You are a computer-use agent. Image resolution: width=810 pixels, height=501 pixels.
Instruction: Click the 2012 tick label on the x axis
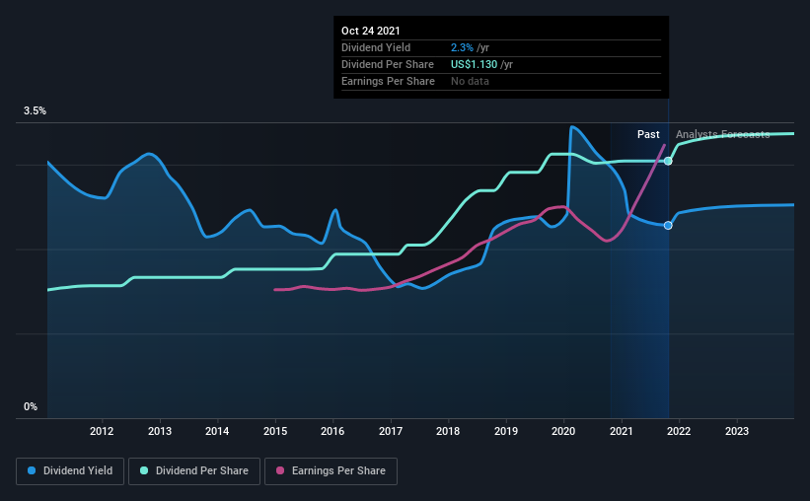point(102,431)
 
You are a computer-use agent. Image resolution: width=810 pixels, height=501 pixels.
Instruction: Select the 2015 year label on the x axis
point(275,431)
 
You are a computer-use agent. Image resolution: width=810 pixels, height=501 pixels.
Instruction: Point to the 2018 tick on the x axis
point(448,431)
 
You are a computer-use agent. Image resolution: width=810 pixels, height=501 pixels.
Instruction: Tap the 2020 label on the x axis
point(563,431)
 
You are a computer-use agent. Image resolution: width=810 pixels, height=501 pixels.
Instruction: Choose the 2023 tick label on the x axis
point(737,431)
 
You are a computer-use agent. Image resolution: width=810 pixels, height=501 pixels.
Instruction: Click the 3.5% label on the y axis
point(36,111)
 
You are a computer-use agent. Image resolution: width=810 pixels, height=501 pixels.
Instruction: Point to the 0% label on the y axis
point(31,406)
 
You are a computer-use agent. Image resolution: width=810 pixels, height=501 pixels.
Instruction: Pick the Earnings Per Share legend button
point(331,471)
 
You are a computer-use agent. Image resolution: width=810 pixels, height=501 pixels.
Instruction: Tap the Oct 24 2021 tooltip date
point(371,31)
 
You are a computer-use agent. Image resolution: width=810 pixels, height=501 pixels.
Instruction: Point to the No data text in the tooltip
point(470,81)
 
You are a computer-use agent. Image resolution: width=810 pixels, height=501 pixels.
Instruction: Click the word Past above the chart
point(648,134)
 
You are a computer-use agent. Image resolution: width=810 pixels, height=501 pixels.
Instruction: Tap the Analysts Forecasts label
point(722,134)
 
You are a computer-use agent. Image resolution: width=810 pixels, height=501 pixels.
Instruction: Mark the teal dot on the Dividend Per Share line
point(668,161)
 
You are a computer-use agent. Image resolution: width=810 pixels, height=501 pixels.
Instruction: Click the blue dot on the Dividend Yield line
point(668,226)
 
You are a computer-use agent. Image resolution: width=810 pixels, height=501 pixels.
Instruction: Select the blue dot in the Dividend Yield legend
point(33,471)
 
